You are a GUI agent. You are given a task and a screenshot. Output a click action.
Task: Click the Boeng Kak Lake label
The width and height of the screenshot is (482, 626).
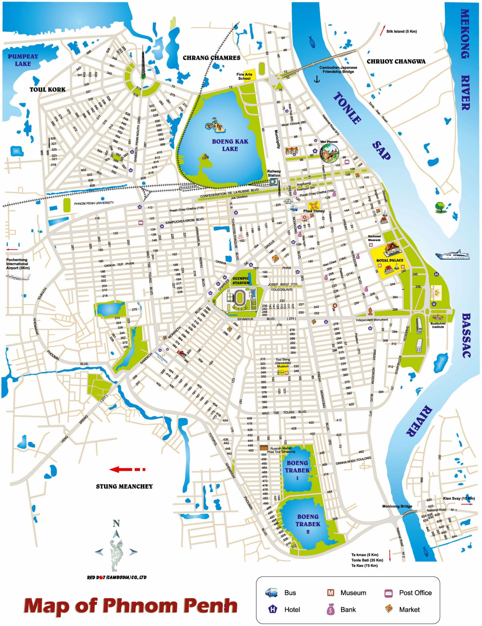tap(230, 145)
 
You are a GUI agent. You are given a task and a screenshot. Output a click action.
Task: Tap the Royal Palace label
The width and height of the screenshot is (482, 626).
tap(389, 260)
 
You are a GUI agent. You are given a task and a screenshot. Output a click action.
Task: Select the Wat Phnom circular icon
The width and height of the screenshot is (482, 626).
tap(329, 153)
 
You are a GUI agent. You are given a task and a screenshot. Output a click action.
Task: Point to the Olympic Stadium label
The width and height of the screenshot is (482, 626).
tap(241, 281)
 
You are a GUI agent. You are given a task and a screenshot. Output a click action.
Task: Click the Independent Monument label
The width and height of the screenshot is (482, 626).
tap(372, 320)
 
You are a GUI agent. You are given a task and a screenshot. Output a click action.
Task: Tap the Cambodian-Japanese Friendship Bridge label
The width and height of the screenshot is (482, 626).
tap(338, 70)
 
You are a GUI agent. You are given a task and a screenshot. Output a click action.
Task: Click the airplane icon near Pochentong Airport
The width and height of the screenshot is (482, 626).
tap(18, 277)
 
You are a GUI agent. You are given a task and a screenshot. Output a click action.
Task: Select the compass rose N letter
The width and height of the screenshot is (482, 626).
tap(116, 523)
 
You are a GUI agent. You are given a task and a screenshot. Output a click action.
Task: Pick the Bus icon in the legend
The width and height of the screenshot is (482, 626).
tap(271, 592)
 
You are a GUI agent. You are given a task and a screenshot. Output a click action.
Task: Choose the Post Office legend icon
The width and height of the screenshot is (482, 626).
tap(388, 593)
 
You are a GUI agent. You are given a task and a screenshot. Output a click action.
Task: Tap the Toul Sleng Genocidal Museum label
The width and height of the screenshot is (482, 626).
tap(283, 363)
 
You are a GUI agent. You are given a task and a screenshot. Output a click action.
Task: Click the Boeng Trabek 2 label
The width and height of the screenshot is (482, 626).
tap(308, 524)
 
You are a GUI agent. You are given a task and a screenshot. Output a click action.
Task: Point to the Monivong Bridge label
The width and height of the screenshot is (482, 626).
tap(397, 506)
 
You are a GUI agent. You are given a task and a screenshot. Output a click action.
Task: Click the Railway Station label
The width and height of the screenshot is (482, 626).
tap(274, 173)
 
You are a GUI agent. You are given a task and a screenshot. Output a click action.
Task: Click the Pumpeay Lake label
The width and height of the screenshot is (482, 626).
tap(23, 60)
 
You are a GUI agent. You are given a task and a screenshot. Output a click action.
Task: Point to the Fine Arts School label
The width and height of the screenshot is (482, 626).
tap(244, 76)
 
